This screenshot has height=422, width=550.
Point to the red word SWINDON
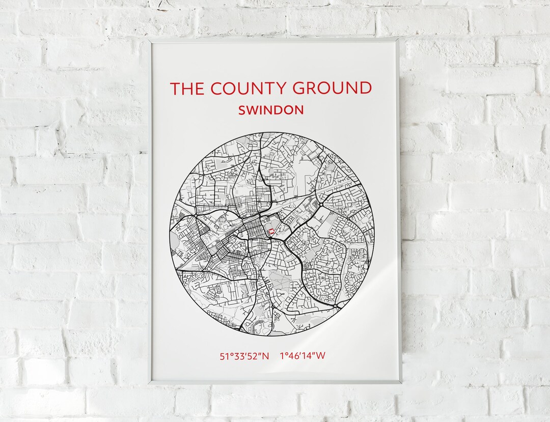coord(271,110)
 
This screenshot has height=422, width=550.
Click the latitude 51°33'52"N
coord(244,356)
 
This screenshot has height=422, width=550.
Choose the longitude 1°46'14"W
coord(302,356)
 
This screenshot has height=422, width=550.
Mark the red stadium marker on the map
coord(271,232)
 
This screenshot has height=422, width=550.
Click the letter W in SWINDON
coord(253,110)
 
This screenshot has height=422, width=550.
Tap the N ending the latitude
coord(265,356)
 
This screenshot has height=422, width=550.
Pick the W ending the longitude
coord(320,356)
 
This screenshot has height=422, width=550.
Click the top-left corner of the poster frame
coord(151,38)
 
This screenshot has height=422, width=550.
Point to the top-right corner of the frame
coord(399,38)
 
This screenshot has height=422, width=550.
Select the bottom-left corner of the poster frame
coord(149,382)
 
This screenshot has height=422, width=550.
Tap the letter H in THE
coord(186,89)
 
